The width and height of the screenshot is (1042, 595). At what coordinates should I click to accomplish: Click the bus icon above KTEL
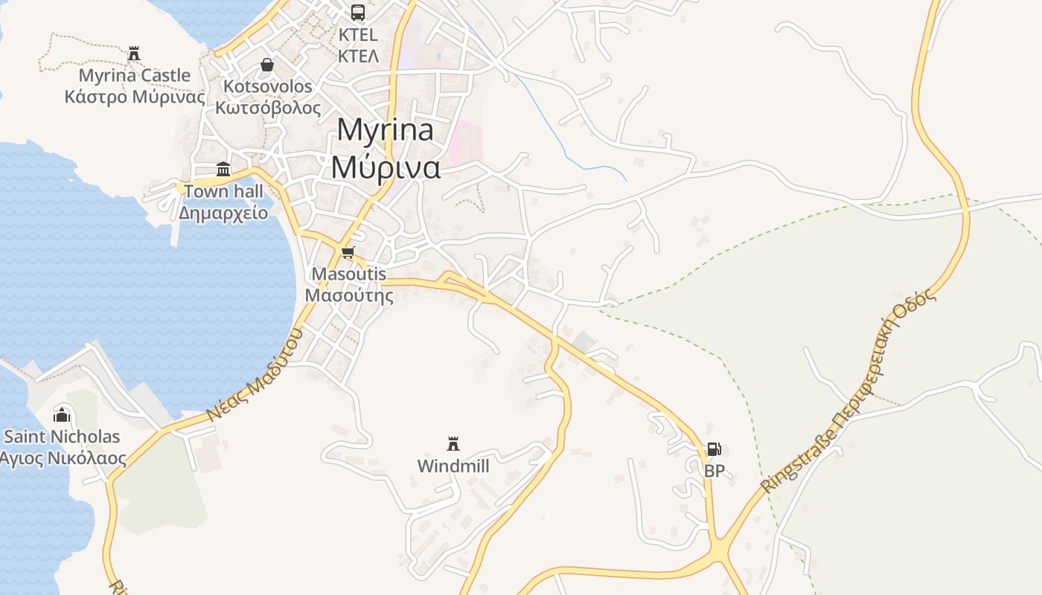358,12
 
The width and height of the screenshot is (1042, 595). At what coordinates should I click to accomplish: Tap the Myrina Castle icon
134,54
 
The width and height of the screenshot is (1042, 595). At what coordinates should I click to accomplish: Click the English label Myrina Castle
135,75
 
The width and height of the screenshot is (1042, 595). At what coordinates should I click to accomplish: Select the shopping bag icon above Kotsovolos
267,65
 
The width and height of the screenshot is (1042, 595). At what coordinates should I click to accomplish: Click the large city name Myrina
385,130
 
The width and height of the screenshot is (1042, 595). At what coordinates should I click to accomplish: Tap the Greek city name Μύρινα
386,167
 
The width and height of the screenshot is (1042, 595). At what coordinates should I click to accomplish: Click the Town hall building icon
223,169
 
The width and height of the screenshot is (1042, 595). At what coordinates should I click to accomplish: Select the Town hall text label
223,191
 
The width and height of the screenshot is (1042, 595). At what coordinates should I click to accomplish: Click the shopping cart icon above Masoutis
348,252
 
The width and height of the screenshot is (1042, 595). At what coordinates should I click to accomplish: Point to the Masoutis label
349,274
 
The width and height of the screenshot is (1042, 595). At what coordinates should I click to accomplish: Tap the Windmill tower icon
453,444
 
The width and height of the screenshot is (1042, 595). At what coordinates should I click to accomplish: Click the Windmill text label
453,466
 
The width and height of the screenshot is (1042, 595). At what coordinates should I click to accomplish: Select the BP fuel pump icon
714,449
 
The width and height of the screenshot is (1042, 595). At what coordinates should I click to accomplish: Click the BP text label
714,471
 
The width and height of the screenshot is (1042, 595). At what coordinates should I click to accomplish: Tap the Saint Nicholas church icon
63,414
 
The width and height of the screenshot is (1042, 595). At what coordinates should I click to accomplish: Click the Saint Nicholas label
62,437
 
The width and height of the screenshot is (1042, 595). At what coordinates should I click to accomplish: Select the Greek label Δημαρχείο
223,213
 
